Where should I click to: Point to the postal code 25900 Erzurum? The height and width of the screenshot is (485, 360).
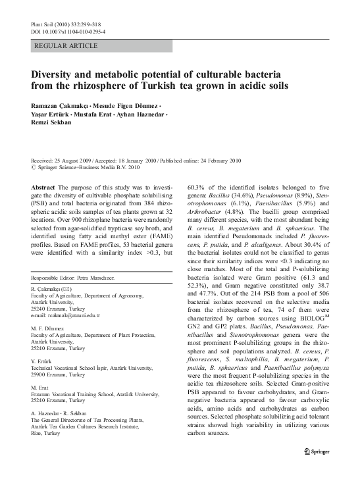(x=53, y=374)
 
